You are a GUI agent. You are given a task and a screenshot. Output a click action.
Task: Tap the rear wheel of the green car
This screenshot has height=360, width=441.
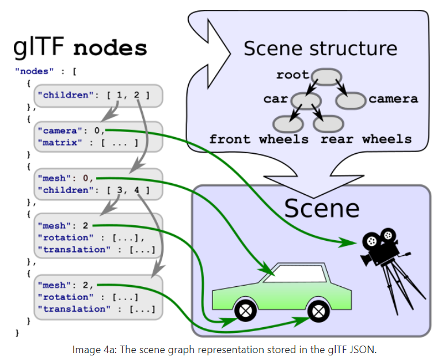point(317,312)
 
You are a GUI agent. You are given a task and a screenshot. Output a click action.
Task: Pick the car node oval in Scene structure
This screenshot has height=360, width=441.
point(306,100)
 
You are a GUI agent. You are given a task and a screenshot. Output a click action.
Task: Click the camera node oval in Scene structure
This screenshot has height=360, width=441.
point(351,100)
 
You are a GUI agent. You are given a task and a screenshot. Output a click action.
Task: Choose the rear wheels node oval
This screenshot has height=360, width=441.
point(328,123)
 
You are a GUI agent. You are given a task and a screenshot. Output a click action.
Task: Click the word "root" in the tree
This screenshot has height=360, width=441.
point(292,75)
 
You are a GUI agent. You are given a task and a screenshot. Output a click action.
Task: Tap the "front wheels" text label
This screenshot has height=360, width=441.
point(258,139)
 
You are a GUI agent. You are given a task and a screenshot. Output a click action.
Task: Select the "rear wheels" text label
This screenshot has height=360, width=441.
point(366,139)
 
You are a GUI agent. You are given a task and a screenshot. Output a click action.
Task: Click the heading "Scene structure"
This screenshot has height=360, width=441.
point(320,48)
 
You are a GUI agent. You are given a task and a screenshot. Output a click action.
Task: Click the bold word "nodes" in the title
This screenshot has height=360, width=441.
point(110,48)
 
